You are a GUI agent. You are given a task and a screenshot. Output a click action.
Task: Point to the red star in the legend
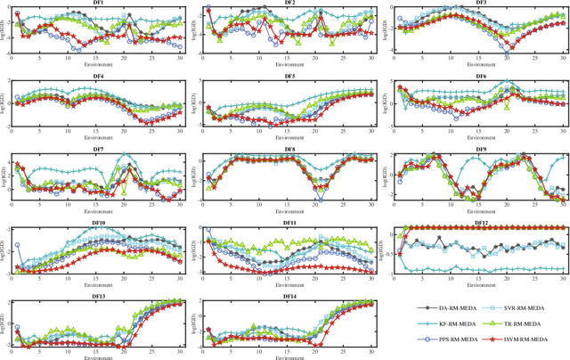coord(500,340)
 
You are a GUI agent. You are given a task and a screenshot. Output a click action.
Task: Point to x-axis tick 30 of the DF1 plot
coord(183,59)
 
